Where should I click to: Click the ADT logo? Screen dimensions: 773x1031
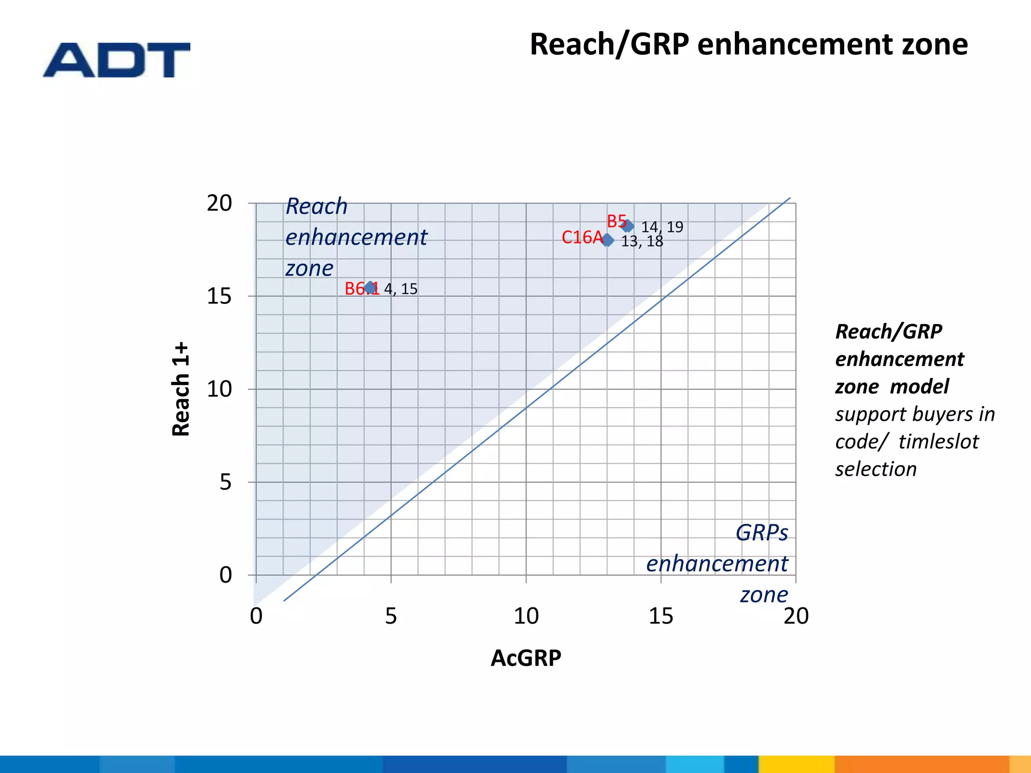tap(117, 60)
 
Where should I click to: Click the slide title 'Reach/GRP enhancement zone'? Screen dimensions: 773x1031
tap(748, 44)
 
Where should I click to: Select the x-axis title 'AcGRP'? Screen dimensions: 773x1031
tap(526, 658)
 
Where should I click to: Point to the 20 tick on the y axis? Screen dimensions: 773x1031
tap(219, 203)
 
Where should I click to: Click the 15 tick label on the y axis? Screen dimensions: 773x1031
tap(219, 296)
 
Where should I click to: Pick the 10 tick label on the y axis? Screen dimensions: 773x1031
tap(219, 389)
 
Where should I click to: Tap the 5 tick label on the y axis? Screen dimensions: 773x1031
tap(226, 482)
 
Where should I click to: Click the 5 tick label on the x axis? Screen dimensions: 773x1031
tap(391, 616)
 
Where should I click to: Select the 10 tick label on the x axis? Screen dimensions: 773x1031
tap(526, 616)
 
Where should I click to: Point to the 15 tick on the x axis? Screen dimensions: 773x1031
tap(660, 616)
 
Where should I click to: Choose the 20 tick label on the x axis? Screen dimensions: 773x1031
tap(796, 616)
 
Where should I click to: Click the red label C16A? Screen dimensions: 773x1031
tap(582, 237)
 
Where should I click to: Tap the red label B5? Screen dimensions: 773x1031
tap(616, 221)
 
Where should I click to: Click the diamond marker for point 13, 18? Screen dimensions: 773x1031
tap(608, 241)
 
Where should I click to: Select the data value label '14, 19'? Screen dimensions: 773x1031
tap(662, 227)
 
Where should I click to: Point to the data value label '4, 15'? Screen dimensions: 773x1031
tap(401, 289)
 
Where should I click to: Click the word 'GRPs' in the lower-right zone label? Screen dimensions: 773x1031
tap(762, 532)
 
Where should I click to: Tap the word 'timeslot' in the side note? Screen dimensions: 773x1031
tap(938, 441)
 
